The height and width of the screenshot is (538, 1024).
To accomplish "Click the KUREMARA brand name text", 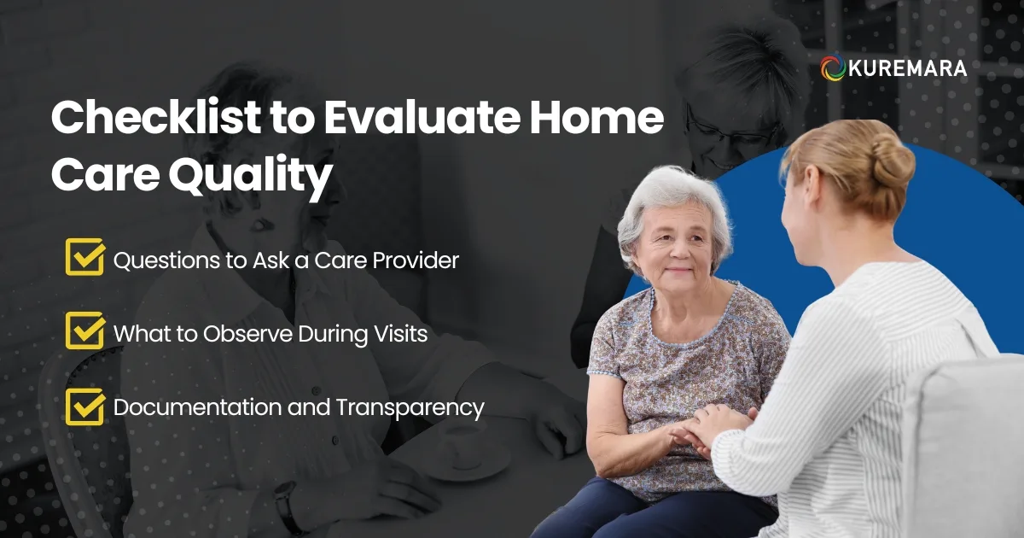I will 907,69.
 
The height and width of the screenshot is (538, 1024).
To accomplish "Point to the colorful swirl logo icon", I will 833,69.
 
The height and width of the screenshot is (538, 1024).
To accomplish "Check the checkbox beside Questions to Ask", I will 84,257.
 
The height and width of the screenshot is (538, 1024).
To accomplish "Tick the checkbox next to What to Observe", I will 84,331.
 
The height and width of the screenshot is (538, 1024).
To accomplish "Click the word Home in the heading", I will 601,120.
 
